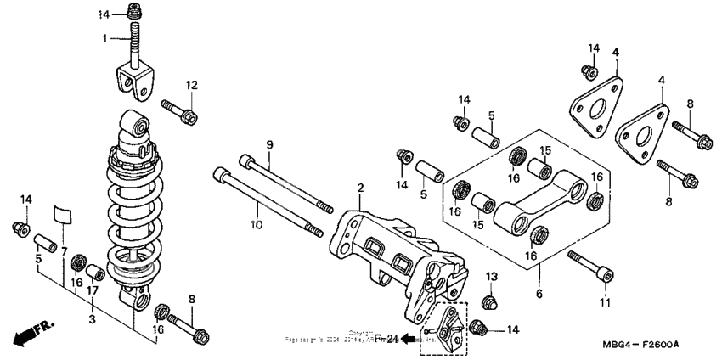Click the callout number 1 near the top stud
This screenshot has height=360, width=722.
[x=105, y=38]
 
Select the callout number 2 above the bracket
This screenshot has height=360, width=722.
[x=360, y=188]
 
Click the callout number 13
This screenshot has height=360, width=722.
[x=491, y=277]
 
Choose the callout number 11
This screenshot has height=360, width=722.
[x=605, y=301]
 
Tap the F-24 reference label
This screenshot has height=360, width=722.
[x=386, y=338]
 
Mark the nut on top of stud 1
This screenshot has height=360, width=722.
[x=133, y=12]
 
